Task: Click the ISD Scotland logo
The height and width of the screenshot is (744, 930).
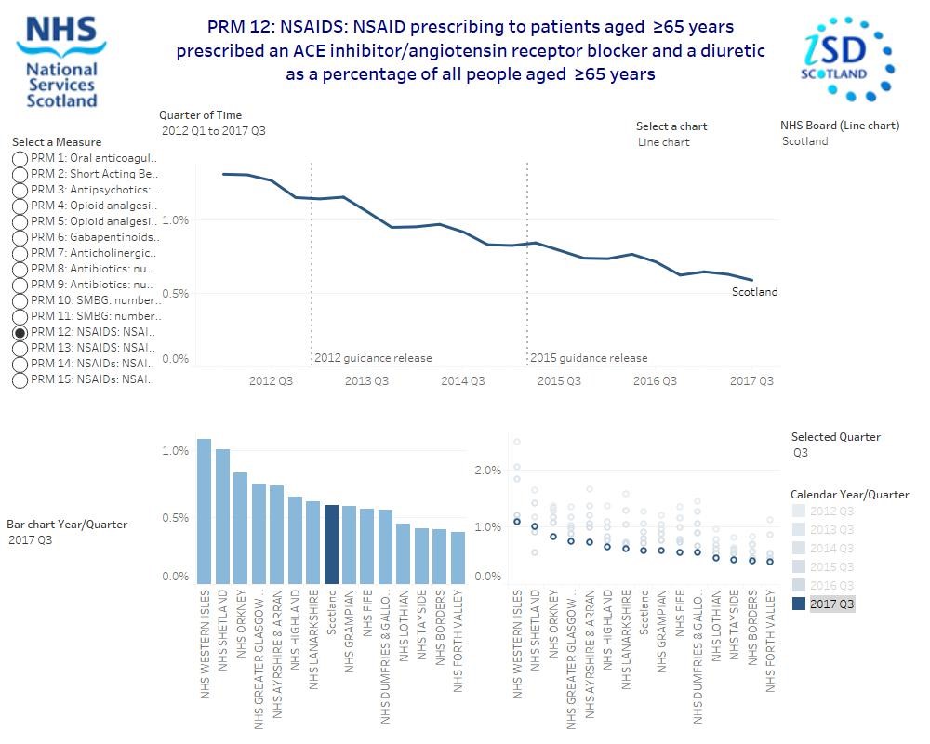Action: [846, 58]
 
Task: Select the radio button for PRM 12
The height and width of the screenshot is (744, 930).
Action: [20, 332]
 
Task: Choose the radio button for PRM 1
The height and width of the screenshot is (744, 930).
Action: [20, 158]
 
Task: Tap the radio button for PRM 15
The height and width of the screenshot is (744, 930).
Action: [20, 379]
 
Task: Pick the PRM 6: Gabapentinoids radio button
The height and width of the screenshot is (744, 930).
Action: [20, 237]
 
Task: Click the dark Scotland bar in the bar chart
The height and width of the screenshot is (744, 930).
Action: [331, 544]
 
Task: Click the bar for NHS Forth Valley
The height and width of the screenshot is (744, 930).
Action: [458, 557]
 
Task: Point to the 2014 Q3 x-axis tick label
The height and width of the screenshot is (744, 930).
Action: [462, 381]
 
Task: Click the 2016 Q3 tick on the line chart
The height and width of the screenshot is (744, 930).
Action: [655, 381]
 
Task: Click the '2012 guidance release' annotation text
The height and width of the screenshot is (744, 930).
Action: [373, 358]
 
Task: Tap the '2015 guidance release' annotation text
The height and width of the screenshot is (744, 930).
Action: [589, 358]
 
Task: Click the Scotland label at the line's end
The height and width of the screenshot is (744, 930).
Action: [754, 292]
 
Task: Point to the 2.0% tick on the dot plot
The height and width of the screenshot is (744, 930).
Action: [487, 471]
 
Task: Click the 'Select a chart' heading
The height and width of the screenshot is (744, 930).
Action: [671, 126]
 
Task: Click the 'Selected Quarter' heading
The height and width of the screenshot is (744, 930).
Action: [835, 437]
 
